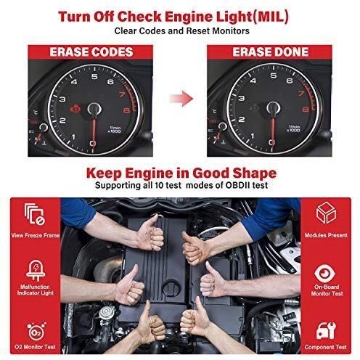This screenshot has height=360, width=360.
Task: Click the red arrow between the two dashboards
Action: pos(181,99)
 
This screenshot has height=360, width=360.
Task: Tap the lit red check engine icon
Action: pos(75,109)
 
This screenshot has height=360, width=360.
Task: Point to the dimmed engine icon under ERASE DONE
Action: pos(255,108)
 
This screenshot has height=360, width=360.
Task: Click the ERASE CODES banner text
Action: pos(91,52)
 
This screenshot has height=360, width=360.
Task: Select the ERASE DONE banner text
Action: pos(271,52)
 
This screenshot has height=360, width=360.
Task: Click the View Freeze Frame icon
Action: pos(35,214)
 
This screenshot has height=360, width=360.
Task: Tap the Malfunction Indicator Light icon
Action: pos(36,271)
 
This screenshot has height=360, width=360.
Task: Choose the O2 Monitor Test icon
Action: pos(36,331)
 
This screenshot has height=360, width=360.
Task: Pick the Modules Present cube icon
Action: pos(326,213)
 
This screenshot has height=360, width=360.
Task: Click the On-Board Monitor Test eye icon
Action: pos(325,274)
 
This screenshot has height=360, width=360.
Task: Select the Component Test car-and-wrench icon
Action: pos(326,330)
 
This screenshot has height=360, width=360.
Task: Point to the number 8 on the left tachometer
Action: pos(127,110)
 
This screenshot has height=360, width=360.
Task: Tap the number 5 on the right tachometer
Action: pos(274,75)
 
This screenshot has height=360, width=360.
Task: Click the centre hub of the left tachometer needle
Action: pos(94,109)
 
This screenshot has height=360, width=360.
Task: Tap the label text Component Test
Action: pos(326,347)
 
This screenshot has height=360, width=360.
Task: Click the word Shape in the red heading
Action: pos(254,173)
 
